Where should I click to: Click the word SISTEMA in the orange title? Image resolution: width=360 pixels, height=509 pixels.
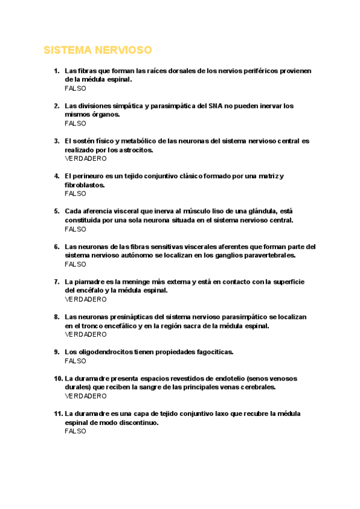click(x=67, y=50)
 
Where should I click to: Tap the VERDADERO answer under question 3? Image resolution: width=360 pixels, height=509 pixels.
click(x=86, y=158)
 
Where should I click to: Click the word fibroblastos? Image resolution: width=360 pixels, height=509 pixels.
click(x=85, y=185)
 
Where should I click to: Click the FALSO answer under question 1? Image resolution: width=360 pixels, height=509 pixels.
click(x=76, y=88)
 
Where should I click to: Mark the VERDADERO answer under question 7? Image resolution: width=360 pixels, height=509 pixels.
click(x=86, y=299)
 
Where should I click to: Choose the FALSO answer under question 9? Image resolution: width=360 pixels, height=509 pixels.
click(x=76, y=361)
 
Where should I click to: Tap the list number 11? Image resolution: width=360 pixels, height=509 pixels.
click(x=58, y=414)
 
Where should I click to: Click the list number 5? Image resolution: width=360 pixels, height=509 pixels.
click(x=56, y=211)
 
